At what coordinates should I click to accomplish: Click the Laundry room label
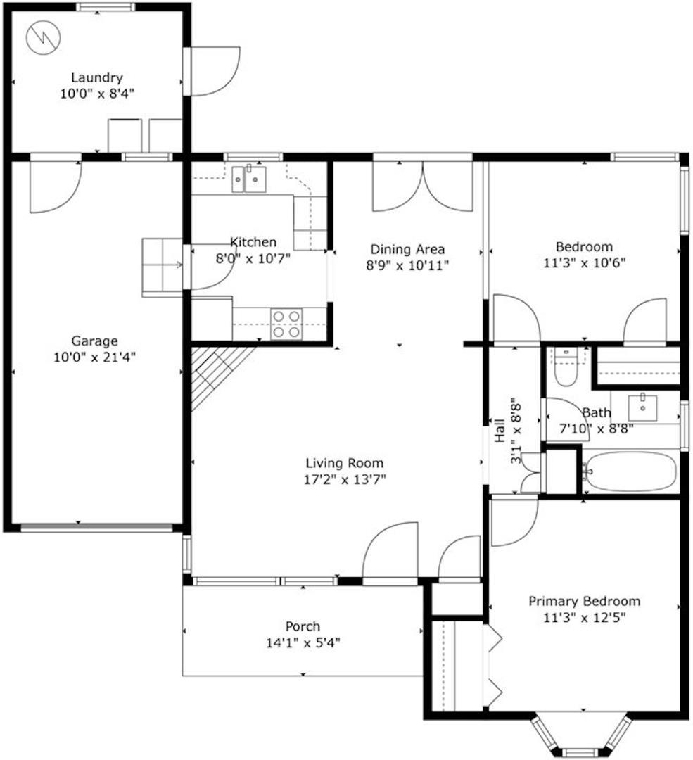click(x=97, y=77)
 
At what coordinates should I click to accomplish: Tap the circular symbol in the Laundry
click(x=44, y=37)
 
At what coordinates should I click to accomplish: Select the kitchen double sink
click(x=248, y=179)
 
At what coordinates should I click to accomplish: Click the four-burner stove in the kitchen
click(x=286, y=324)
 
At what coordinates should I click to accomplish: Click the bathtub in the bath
click(x=630, y=471)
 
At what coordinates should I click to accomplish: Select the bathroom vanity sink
click(x=642, y=407)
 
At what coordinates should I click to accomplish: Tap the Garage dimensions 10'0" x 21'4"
click(x=94, y=357)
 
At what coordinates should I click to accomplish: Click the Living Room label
click(x=345, y=463)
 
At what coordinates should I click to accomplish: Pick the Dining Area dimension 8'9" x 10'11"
click(x=407, y=265)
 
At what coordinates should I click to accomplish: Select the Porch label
click(x=303, y=626)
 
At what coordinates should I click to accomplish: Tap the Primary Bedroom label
click(x=584, y=602)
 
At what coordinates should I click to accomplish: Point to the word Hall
click(x=500, y=431)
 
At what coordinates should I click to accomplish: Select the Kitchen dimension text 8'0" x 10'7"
click(x=253, y=258)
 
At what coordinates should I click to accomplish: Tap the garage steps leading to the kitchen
click(x=163, y=267)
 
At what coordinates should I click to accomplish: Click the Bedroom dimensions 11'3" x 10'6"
click(x=585, y=263)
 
